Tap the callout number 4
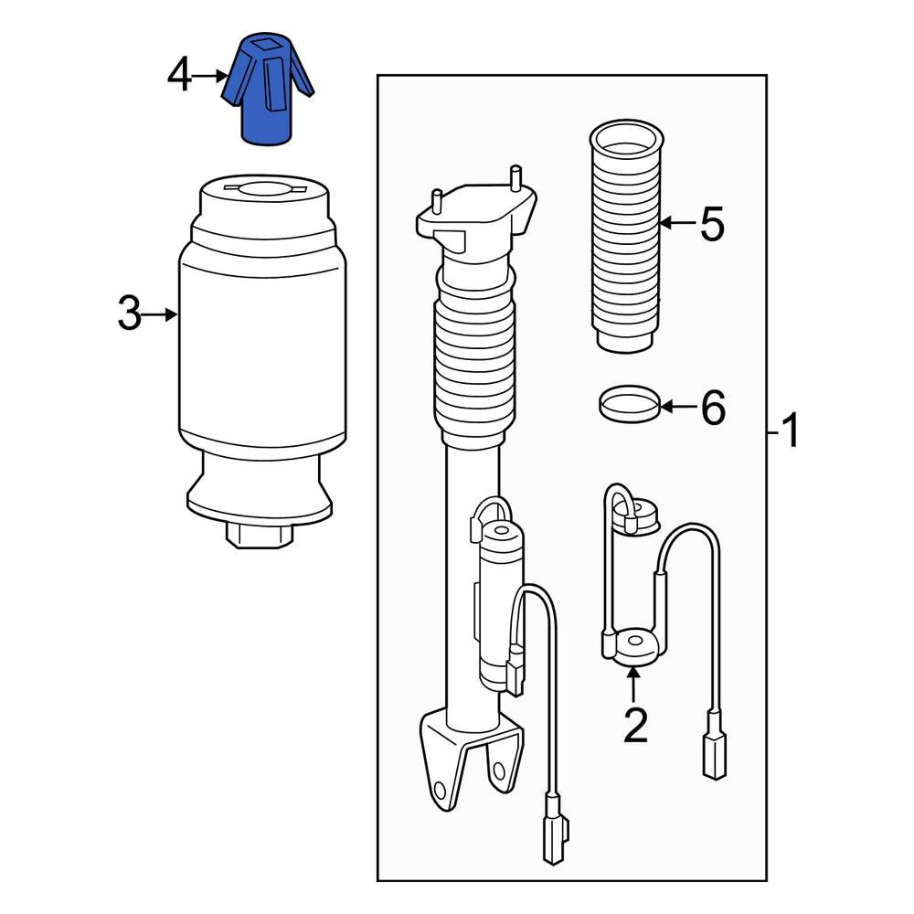[x=180, y=76]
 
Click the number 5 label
[x=712, y=224]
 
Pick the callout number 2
[x=634, y=726]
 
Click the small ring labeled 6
[x=628, y=403]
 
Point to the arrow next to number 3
[x=163, y=315]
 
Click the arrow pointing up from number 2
[x=632, y=685]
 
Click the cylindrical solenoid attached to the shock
[x=499, y=603]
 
